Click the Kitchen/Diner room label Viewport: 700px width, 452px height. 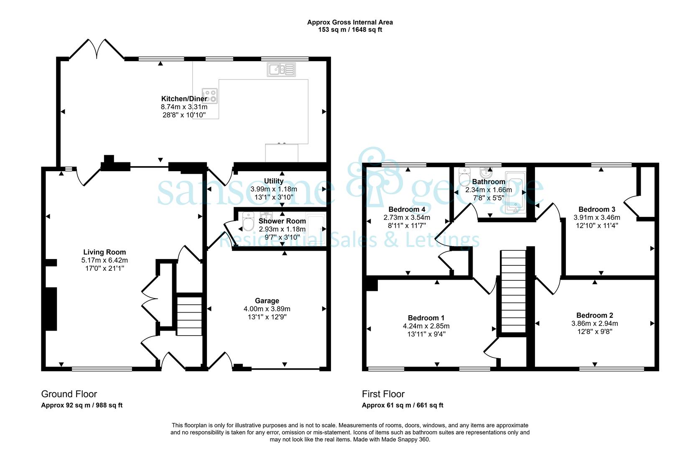click(x=184, y=99)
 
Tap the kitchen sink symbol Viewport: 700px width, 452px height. click(x=281, y=69)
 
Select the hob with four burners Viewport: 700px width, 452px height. click(x=210, y=96)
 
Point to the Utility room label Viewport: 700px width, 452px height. click(x=274, y=181)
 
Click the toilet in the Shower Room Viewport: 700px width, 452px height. click(x=248, y=221)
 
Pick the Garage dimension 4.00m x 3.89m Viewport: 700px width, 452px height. click(x=267, y=309)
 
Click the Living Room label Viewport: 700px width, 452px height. click(x=104, y=252)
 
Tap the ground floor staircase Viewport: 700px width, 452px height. click(x=189, y=316)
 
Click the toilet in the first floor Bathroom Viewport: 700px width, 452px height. click(x=465, y=177)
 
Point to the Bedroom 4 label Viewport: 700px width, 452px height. click(x=407, y=209)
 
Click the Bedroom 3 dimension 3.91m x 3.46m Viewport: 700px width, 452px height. click(x=597, y=218)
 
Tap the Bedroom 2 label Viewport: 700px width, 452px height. click(x=595, y=315)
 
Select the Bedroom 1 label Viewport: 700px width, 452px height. click(x=426, y=318)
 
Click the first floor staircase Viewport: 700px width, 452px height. click(x=514, y=291)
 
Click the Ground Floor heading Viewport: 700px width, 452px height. click(x=69, y=394)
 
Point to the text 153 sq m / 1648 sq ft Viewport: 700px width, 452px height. click(x=350, y=30)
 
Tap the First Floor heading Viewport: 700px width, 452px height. click(x=383, y=394)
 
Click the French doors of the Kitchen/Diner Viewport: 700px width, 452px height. click(x=97, y=49)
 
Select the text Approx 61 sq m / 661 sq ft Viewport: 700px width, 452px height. click(x=402, y=405)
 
